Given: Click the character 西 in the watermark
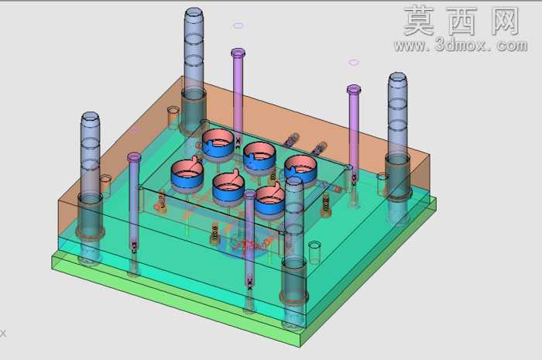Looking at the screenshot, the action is [x=461, y=21].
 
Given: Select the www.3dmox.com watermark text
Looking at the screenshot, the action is [x=461, y=45].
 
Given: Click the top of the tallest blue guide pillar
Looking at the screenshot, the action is [x=194, y=12].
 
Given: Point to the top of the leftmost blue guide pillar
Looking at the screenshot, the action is [x=91, y=117].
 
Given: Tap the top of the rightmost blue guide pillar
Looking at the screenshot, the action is [x=397, y=77].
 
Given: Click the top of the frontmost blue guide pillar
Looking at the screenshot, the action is [x=294, y=182].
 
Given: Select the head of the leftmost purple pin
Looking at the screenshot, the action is [x=134, y=157].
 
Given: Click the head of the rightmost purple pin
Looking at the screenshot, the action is [x=354, y=90].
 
